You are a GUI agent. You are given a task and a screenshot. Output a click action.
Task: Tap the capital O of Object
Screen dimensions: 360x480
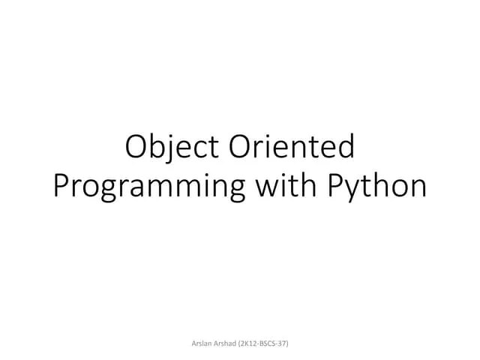click(136, 147)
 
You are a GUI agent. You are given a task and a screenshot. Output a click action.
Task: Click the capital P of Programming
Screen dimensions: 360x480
click(61, 184)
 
